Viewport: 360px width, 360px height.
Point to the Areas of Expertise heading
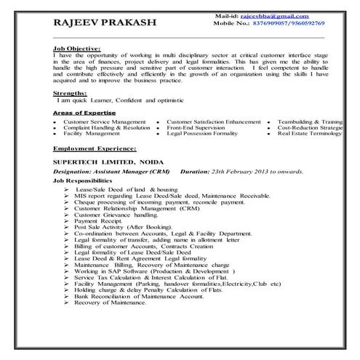[84, 113]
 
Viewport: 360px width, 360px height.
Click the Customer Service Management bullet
[104, 121]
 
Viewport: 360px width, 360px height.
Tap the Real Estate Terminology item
[310, 135]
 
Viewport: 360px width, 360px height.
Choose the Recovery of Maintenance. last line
[109, 303]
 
